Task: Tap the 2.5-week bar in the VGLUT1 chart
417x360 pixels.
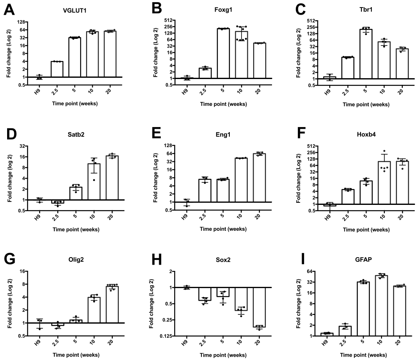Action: point(57,69)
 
